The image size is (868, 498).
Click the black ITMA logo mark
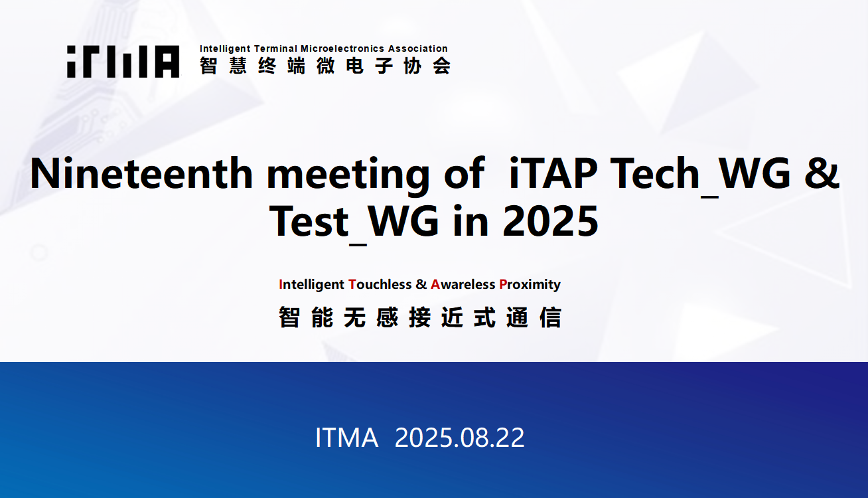[123, 61]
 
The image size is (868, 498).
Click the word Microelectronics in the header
[342, 48]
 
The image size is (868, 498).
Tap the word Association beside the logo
[417, 48]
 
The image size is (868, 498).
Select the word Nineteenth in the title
[141, 173]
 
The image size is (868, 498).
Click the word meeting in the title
[348, 177]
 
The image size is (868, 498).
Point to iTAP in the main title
[553, 173]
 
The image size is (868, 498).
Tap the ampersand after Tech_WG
[822, 173]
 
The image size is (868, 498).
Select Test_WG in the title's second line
[354, 224]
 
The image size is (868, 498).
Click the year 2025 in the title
[551, 221]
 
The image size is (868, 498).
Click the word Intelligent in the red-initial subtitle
[311, 285]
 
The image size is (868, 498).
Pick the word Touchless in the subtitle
[380, 284]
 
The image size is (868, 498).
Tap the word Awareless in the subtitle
[463, 284]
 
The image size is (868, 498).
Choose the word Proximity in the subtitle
[530, 285]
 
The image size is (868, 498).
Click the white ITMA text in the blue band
[347, 438]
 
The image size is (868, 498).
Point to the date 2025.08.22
[459, 438]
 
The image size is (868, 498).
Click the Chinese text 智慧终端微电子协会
[325, 66]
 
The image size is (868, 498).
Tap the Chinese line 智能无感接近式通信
[420, 317]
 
